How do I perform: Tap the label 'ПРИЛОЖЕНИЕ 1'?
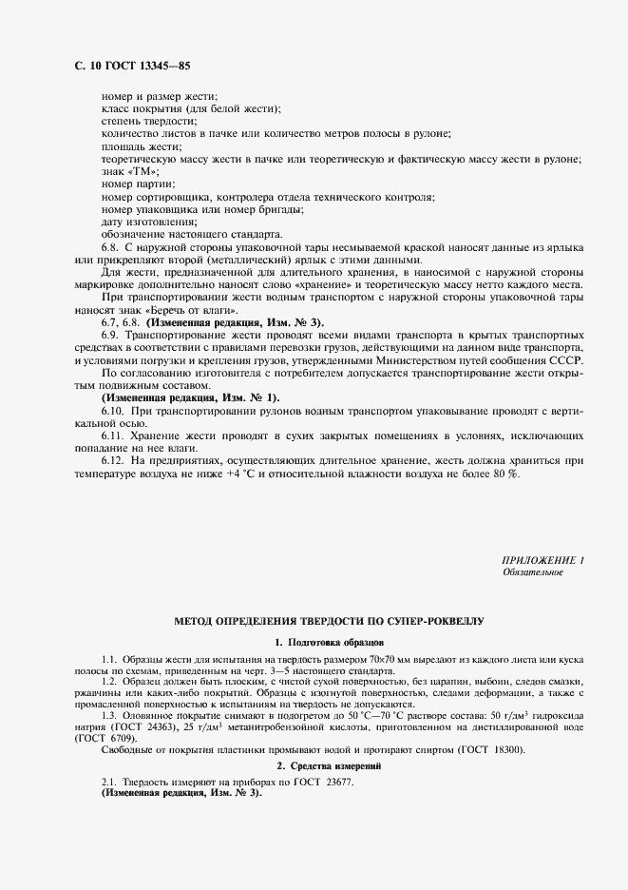[542, 560]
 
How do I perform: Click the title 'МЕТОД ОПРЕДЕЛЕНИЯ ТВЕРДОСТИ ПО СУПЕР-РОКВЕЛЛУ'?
[329, 621]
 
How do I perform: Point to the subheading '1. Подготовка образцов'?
[329, 643]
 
